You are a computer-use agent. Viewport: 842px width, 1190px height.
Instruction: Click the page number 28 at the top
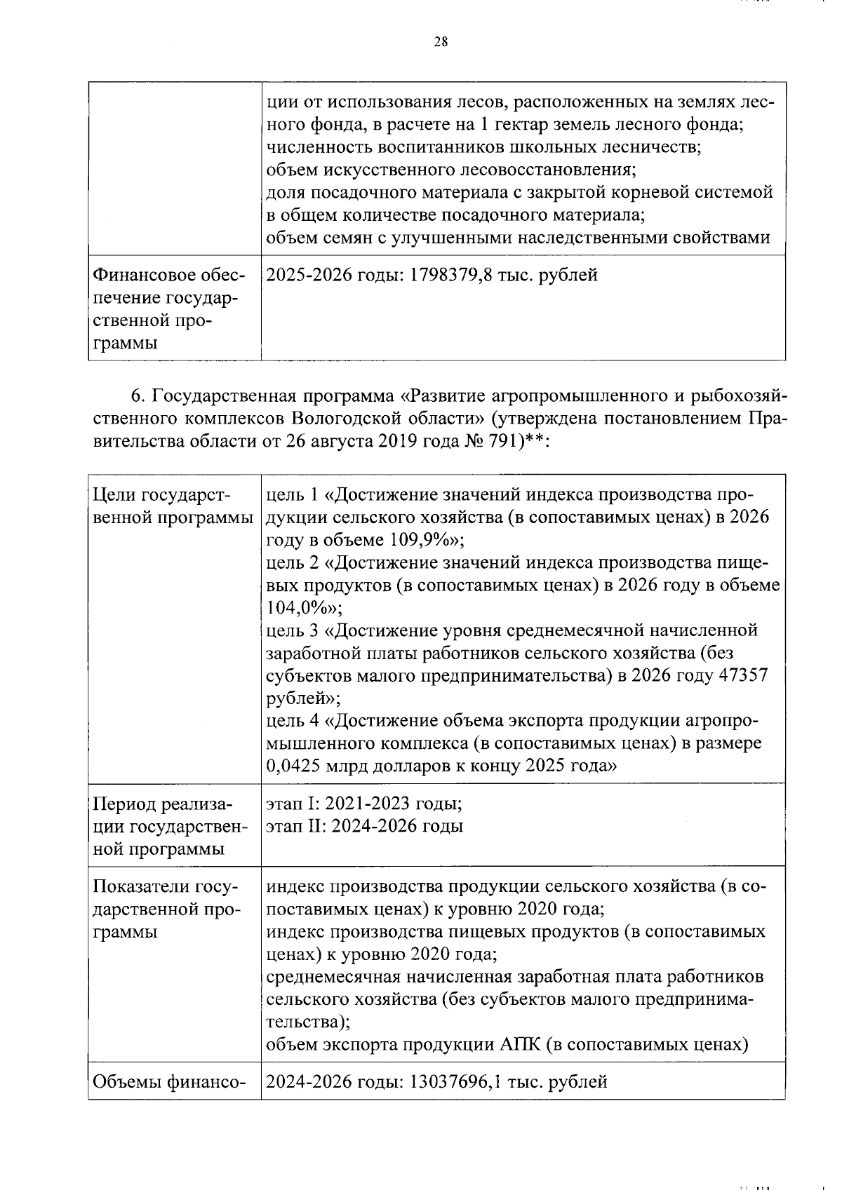point(440,41)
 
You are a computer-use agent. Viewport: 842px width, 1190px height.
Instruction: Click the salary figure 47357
point(740,675)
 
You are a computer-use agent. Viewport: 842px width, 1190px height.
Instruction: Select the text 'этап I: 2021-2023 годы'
point(363,804)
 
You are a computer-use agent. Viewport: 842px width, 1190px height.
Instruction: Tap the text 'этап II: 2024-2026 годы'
point(365,826)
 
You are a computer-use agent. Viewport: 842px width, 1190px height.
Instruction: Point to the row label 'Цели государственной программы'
point(173,506)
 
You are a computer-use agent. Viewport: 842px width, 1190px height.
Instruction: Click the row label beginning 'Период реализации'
point(169,826)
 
